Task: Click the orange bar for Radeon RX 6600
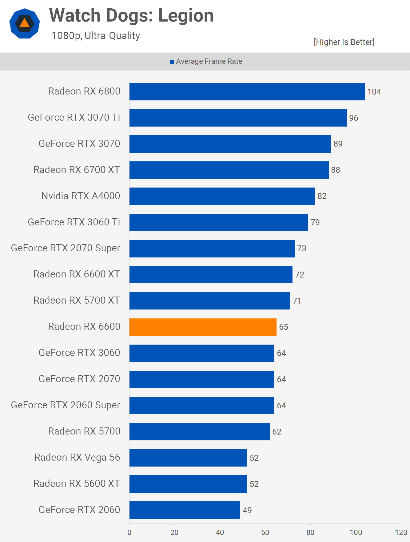(x=203, y=327)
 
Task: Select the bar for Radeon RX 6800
(x=247, y=91)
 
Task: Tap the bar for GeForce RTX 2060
(x=185, y=510)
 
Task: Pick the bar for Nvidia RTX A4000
(x=222, y=196)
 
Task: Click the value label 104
(x=374, y=92)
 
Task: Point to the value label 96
(x=353, y=118)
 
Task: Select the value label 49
(x=247, y=510)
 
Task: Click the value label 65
(x=283, y=327)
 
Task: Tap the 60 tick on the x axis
(x=265, y=532)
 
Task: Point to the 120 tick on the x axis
(x=401, y=532)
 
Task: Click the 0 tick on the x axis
(x=129, y=532)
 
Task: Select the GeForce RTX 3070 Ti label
(x=74, y=117)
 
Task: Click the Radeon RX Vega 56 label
(x=77, y=457)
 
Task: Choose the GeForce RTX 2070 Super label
(x=66, y=248)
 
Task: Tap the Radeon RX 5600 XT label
(x=76, y=483)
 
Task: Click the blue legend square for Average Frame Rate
(x=172, y=62)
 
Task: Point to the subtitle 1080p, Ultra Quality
(x=96, y=36)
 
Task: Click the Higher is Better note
(x=344, y=42)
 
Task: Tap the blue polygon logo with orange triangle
(x=25, y=23)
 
